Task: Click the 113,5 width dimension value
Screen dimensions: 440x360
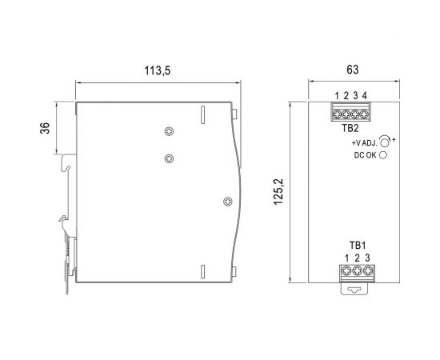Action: [x=157, y=70]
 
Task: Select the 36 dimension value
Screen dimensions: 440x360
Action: [x=45, y=128]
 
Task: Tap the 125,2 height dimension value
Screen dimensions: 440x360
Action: [x=278, y=192]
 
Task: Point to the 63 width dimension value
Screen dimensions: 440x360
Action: [x=353, y=70]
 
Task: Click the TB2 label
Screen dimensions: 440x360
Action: [x=350, y=128]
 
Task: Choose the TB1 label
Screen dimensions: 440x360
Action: [x=358, y=246]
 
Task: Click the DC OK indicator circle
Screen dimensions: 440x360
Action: [x=383, y=155]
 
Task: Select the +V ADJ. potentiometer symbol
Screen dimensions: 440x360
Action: [x=385, y=141]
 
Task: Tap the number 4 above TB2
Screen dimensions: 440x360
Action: [x=364, y=96]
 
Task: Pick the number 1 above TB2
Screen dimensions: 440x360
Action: [x=337, y=96]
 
